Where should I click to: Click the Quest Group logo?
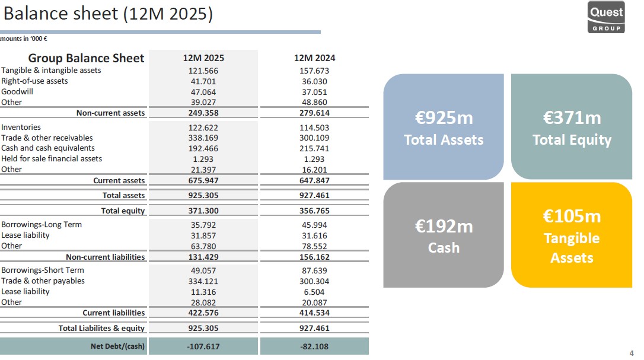click(x=606, y=18)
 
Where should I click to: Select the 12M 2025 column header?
click(x=203, y=58)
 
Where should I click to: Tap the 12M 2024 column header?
click(x=314, y=58)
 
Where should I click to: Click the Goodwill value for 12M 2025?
click(x=202, y=92)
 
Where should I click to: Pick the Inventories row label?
click(x=21, y=127)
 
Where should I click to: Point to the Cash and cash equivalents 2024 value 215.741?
click(x=314, y=148)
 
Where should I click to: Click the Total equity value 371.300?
click(x=202, y=211)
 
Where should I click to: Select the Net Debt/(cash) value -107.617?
click(x=202, y=346)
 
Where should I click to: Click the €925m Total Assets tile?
click(x=444, y=127)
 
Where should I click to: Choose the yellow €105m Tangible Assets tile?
click(x=572, y=235)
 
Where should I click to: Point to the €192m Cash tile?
click(x=444, y=235)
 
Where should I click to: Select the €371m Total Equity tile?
click(x=572, y=127)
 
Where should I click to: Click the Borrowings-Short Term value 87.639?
click(x=314, y=270)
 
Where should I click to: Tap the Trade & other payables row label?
click(x=43, y=281)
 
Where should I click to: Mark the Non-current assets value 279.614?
click(x=314, y=113)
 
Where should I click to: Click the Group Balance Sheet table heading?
click(x=86, y=58)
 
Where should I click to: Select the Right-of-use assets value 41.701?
click(x=202, y=81)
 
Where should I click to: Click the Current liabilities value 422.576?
click(x=202, y=313)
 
